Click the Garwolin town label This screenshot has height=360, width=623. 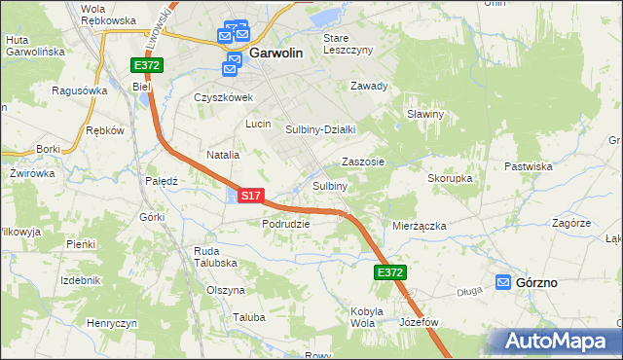[281, 55]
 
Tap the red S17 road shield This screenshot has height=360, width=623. [250, 196]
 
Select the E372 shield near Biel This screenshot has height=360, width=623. [148, 65]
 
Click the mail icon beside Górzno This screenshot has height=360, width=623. [503, 282]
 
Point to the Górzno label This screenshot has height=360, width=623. [538, 282]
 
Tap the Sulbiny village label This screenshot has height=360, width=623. [330, 186]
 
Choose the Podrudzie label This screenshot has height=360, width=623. [285, 223]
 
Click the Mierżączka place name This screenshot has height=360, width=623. [419, 225]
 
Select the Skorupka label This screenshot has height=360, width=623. [450, 179]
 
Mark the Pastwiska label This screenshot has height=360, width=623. [529, 166]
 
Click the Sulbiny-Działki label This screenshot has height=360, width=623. [320, 128]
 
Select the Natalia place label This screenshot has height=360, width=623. [223, 155]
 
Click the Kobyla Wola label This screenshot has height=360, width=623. [362, 317]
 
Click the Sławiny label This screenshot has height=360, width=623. [425, 114]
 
